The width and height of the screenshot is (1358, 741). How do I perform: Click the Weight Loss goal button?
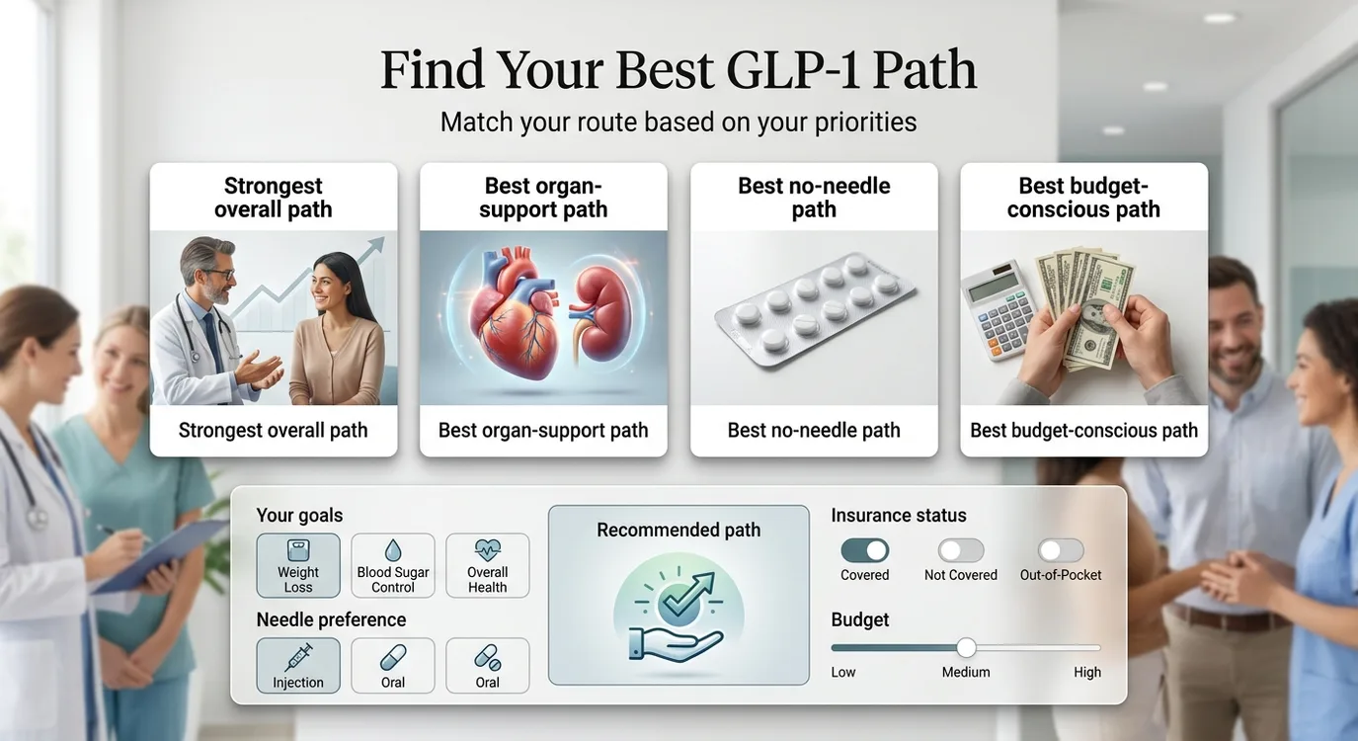point(298,565)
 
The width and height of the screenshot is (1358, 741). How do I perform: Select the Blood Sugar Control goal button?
point(393,565)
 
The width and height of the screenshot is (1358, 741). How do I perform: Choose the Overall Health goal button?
point(487,565)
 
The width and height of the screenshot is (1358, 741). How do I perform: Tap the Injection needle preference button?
point(298,665)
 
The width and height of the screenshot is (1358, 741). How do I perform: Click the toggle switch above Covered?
point(864,550)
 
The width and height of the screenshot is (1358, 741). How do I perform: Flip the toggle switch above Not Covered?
point(961,550)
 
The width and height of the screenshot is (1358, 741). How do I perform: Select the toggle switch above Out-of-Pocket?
point(1061,550)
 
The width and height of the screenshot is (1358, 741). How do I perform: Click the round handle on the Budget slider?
point(966,647)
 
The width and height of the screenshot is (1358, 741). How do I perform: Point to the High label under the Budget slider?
point(1087,672)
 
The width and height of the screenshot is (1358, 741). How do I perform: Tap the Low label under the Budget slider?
point(843,672)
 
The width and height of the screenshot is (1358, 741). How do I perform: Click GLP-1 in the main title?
point(792,71)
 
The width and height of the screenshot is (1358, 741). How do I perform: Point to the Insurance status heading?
point(899,515)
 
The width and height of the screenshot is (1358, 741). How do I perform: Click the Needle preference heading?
point(331,619)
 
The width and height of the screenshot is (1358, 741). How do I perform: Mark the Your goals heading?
point(299,515)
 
